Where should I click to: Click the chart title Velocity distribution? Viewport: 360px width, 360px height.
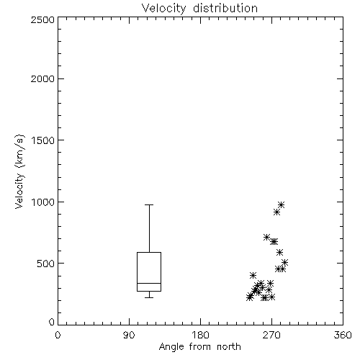pos(199,9)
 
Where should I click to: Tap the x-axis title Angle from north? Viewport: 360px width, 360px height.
pos(199,347)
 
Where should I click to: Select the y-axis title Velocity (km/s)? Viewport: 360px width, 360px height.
pos(19,171)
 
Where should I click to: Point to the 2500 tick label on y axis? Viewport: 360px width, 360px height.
pos(42,19)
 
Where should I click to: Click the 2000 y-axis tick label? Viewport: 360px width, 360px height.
pos(42,78)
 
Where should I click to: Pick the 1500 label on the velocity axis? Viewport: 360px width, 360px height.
pos(43,140)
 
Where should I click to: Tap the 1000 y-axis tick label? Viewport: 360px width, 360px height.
pos(43,202)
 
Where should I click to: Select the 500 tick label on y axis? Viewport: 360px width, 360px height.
pos(46,264)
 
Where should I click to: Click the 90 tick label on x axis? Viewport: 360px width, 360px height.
pos(129,335)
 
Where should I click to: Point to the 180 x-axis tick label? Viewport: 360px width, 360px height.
pos(200,335)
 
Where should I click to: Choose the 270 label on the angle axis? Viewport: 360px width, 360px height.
pos(271,335)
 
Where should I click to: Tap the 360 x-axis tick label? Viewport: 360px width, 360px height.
pos(343,335)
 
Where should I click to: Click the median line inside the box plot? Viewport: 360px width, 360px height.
pos(149,283)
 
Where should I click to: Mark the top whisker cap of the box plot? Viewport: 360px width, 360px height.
pos(149,204)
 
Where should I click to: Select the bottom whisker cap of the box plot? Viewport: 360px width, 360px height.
pos(149,297)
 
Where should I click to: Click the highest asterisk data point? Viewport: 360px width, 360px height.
pos(282,204)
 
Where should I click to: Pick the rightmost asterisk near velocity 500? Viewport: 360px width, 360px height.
pos(285,262)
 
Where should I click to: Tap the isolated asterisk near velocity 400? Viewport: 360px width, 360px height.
pos(253,275)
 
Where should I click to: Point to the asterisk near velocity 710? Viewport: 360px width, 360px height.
pos(266,237)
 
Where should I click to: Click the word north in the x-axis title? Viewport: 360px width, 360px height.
pos(229,347)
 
